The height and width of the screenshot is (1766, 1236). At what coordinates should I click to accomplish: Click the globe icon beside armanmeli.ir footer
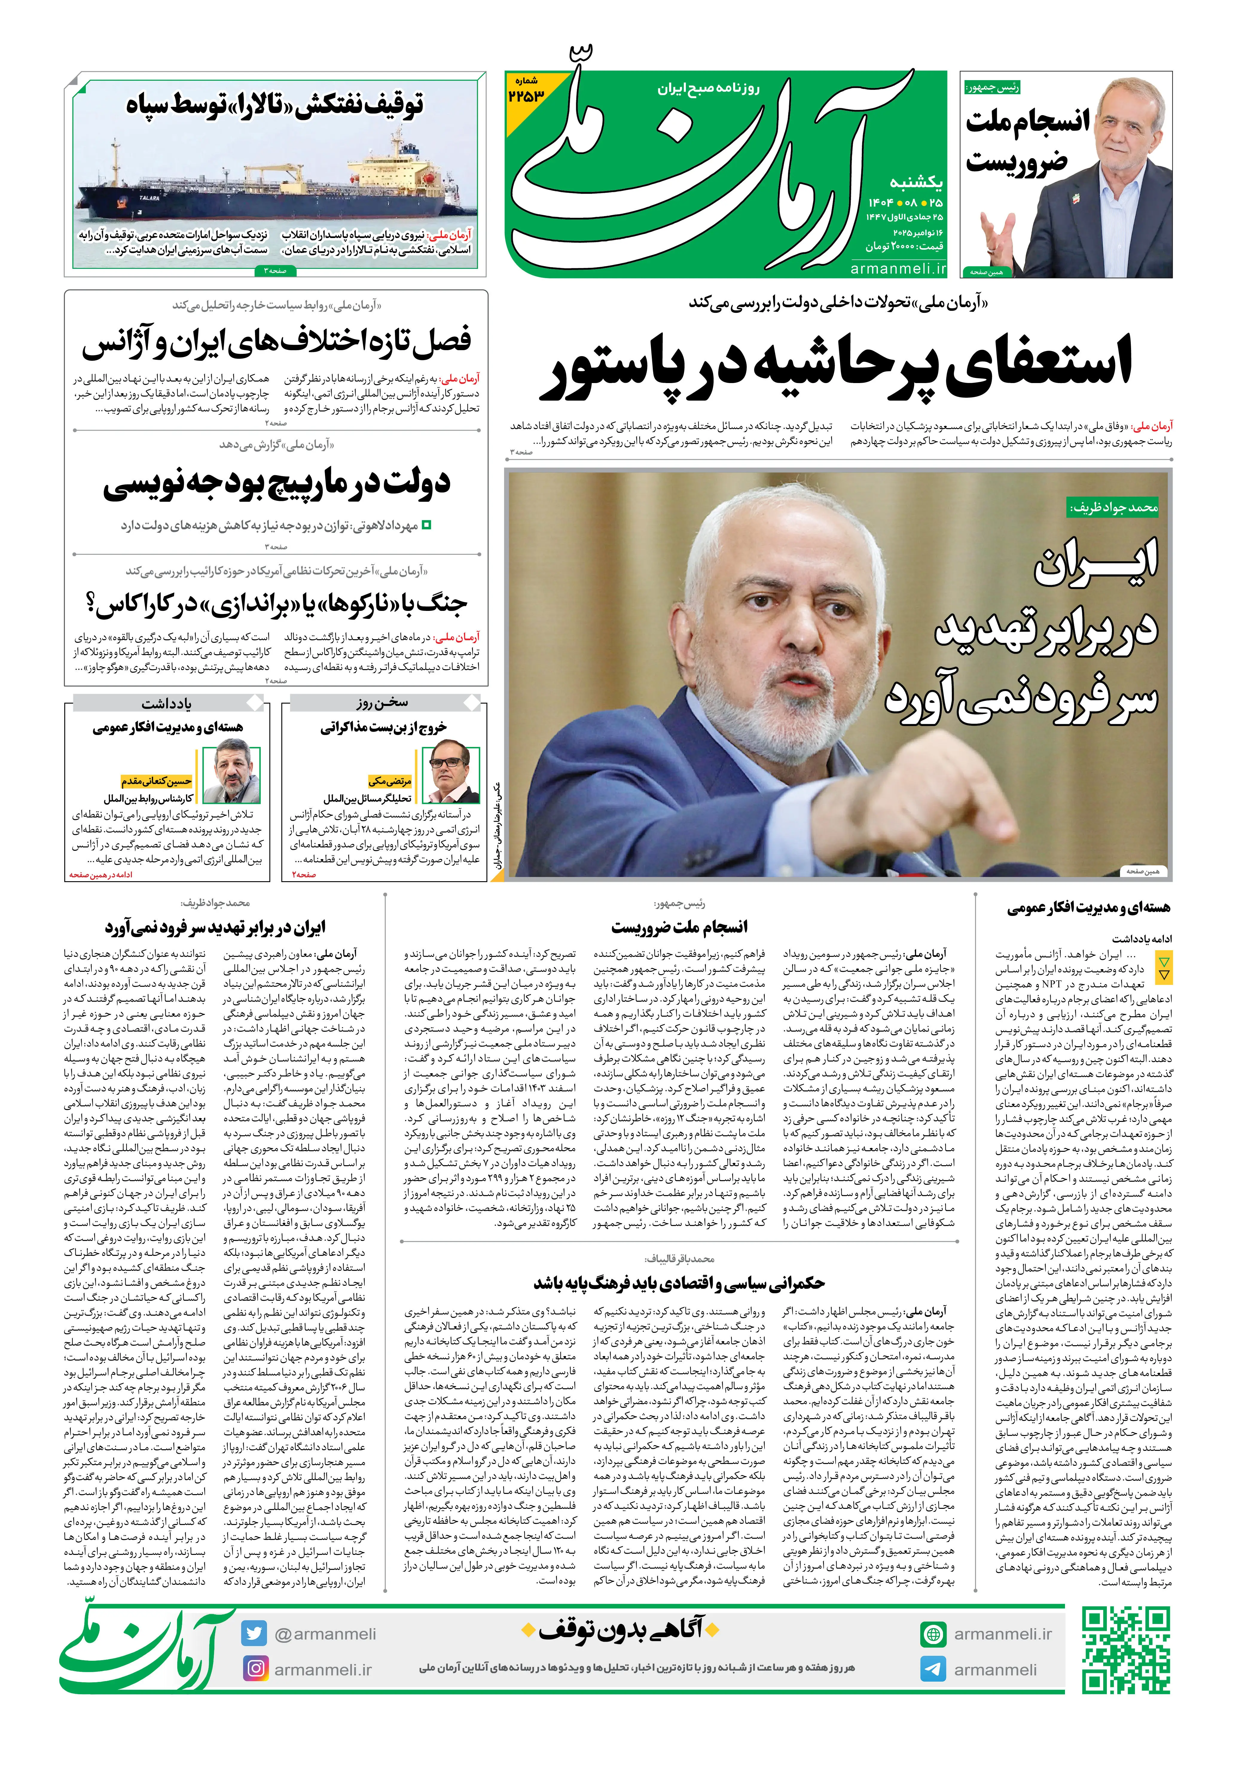933,1633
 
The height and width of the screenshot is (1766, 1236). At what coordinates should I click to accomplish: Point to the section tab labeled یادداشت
166,703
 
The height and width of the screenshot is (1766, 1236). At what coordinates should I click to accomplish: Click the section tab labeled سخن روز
382,703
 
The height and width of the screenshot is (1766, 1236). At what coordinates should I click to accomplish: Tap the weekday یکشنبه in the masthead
915,182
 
